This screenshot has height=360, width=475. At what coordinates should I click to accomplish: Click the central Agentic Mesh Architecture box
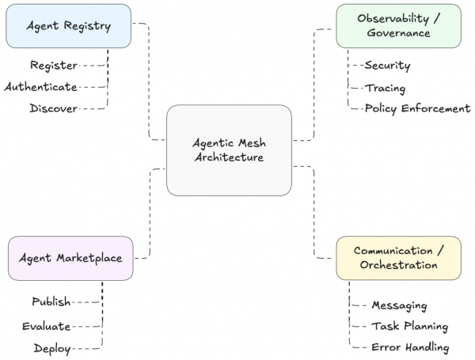[229, 150]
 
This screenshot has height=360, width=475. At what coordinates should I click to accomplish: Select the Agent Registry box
[68, 26]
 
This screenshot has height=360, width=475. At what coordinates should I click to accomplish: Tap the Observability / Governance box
[398, 26]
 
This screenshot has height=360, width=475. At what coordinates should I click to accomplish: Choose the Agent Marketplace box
[70, 257]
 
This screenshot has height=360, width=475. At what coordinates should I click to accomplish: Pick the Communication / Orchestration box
[398, 257]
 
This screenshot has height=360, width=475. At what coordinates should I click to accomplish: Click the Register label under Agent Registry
[53, 65]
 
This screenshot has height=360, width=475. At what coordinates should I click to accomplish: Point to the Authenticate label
[40, 86]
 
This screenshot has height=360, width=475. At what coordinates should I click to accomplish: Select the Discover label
[53, 108]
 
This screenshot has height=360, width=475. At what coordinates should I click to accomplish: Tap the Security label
[388, 65]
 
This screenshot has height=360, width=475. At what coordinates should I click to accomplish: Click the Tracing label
[386, 87]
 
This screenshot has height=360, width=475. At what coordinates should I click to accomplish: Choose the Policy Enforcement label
[417, 108]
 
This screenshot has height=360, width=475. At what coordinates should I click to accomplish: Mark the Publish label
[51, 302]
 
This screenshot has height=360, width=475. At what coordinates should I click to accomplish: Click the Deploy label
[53, 348]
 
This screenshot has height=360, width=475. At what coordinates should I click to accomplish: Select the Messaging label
[400, 305]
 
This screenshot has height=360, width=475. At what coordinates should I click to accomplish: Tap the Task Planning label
[409, 326]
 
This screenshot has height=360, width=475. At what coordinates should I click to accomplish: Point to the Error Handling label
[410, 347]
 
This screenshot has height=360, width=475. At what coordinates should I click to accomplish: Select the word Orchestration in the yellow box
[398, 265]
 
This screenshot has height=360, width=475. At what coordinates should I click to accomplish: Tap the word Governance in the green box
[398, 33]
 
